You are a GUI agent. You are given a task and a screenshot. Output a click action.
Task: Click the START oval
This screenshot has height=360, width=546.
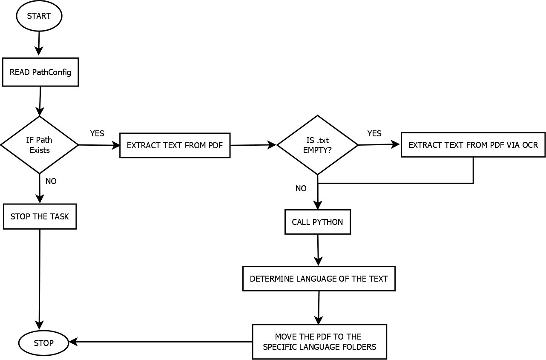(39, 16)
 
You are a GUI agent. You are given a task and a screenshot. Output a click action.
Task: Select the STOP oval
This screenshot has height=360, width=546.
(43, 343)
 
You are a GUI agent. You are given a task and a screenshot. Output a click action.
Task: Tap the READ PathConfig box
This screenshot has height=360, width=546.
(40, 72)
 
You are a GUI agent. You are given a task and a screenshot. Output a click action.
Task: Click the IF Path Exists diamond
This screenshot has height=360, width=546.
(40, 145)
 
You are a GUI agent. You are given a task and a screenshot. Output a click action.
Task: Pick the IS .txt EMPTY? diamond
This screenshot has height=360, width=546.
(317, 145)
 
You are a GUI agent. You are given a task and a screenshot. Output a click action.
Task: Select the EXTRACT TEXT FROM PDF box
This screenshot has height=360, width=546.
(175, 145)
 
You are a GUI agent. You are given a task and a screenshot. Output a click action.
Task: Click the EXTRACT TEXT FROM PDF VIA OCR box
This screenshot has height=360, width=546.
(473, 145)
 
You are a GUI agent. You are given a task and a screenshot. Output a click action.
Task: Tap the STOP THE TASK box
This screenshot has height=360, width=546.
(40, 216)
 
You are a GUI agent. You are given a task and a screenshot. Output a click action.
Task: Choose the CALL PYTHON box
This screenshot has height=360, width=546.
(318, 222)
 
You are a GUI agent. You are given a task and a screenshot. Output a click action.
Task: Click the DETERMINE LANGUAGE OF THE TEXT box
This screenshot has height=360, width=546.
(319, 279)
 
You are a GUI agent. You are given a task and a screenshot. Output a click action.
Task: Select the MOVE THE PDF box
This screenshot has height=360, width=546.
(319, 342)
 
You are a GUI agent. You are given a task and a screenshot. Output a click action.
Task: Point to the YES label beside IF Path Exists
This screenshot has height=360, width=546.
(97, 133)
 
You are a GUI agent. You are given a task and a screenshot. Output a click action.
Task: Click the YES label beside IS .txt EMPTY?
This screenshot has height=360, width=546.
(374, 133)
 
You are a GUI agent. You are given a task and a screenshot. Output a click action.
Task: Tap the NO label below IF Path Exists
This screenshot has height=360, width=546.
(51, 181)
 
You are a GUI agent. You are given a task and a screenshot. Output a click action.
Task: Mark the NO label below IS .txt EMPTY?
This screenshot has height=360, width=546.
(301, 188)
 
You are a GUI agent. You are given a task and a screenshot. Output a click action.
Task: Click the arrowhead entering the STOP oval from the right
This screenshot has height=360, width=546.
(73, 342)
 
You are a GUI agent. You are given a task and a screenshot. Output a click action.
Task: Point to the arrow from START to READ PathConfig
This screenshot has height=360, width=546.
(39, 43)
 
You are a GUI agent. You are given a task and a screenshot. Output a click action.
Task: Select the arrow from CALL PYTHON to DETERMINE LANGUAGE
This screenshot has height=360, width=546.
(318, 250)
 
